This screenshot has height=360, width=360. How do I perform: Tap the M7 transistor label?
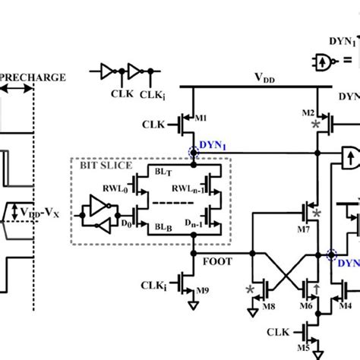(x=303, y=228)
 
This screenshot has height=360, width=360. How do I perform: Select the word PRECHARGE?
(x=33, y=77)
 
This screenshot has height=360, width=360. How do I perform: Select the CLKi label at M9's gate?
(x=155, y=286)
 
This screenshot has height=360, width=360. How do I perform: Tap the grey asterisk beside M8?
(x=250, y=289)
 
